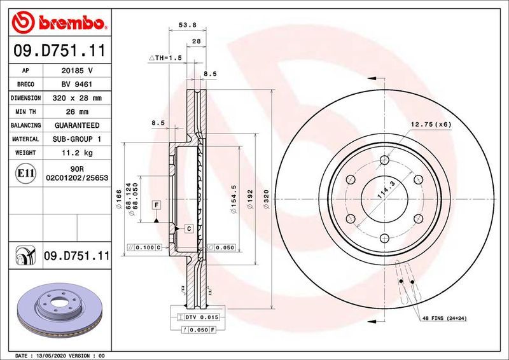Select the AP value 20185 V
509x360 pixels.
coord(77,71)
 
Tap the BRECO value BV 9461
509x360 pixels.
coord(77,85)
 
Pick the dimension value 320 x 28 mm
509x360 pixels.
coord(77,98)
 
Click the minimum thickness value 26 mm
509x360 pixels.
coord(77,112)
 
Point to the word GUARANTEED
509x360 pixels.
coord(77,125)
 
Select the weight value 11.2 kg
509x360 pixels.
coord(77,153)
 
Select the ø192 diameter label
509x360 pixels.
coord(252,196)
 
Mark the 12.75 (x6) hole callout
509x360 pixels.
coord(430,124)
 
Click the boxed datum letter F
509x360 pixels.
coord(155,205)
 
